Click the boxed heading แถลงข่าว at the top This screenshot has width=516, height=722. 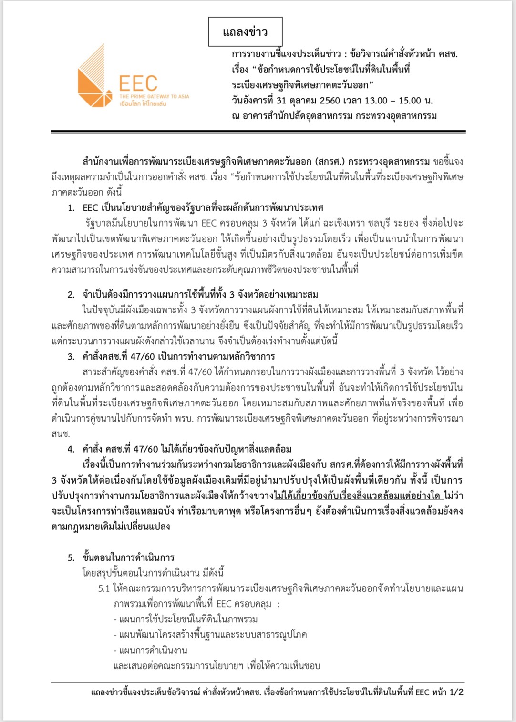[x=245, y=32]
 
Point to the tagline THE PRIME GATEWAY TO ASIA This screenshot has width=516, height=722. [x=154, y=96]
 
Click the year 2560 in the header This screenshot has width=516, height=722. [x=331, y=101]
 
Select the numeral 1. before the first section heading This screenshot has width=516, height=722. [x=71, y=207]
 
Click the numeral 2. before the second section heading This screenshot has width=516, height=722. [x=71, y=294]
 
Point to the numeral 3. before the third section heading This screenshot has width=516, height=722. [x=71, y=356]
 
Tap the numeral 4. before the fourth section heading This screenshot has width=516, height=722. [x=71, y=449]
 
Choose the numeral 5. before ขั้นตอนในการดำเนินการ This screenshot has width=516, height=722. [x=71, y=557]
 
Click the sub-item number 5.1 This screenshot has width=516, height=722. [x=104, y=588]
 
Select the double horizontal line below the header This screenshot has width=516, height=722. [x=258, y=131]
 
